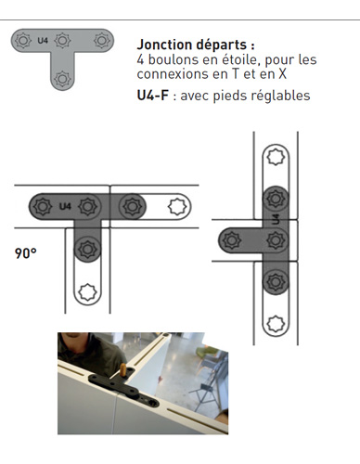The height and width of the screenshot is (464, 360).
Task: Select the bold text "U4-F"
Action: coord(153,96)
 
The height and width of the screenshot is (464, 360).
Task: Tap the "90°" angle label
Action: coord(26,253)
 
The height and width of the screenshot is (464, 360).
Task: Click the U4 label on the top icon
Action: coord(43,40)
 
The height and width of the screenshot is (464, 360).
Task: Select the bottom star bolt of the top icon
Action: coord(62,79)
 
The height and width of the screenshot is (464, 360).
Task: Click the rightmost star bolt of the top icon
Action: coord(102,40)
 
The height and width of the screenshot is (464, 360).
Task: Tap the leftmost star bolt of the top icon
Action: coord(23,40)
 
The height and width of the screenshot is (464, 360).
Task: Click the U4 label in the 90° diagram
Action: coord(65,206)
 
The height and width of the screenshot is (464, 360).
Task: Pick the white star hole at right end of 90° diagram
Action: coord(177,206)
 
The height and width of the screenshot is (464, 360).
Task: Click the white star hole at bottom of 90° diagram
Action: coord(87,291)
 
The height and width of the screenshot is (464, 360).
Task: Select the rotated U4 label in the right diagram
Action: coord(276,219)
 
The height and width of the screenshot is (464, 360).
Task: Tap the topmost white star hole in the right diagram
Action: coord(276,157)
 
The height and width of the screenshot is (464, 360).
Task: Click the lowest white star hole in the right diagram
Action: coord(276,324)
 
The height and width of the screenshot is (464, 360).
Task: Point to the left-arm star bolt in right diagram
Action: coord(232,240)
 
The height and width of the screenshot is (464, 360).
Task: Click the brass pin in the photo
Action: coord(123,370)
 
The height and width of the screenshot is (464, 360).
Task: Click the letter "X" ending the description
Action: coord(282,74)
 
